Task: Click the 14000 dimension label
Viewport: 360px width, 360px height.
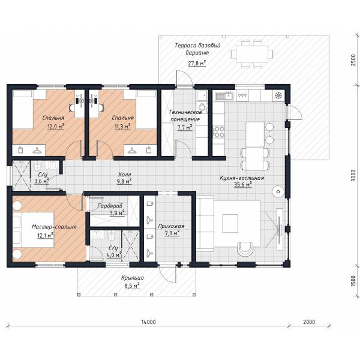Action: click(x=148, y=322)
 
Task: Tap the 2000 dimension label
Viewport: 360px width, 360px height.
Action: click(x=309, y=322)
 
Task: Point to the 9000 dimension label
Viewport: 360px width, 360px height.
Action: click(x=353, y=176)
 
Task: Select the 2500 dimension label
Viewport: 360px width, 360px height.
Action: click(x=353, y=60)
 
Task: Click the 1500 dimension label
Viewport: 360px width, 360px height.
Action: click(x=353, y=281)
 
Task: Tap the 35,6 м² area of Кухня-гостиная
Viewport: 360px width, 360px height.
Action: click(x=243, y=185)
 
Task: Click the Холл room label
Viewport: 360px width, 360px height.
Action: click(x=125, y=174)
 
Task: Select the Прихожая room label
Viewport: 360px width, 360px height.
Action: click(x=171, y=226)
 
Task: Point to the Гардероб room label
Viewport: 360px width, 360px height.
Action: click(x=110, y=206)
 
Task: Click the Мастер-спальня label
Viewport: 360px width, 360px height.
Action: click(x=54, y=227)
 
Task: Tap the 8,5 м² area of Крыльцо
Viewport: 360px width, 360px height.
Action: click(x=132, y=286)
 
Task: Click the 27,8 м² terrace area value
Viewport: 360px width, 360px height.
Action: click(x=197, y=63)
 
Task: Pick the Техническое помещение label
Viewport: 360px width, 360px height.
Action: click(x=185, y=115)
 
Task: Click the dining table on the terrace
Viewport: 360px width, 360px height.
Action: click(x=253, y=54)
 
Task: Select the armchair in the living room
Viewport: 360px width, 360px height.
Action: click(x=245, y=249)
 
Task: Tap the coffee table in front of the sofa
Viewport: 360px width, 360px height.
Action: click(x=230, y=223)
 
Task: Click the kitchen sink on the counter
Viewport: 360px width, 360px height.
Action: click(x=224, y=96)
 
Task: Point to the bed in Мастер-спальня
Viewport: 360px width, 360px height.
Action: click(x=33, y=230)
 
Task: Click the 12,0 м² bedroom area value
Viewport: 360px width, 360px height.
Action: click(x=56, y=127)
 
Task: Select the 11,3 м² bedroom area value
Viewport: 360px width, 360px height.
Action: click(x=122, y=126)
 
